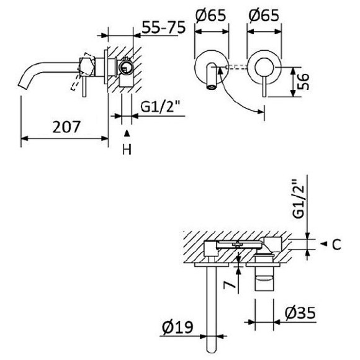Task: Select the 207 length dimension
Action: click(x=66, y=127)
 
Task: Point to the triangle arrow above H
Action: click(x=127, y=133)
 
